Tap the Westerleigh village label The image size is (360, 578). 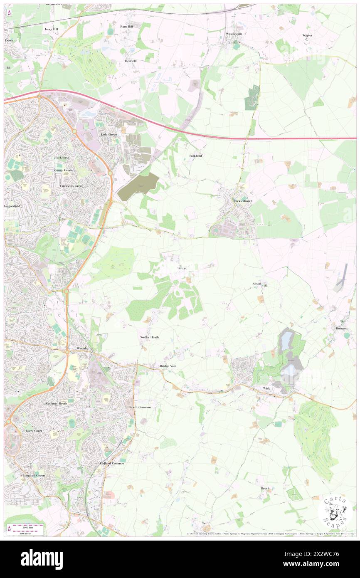234,34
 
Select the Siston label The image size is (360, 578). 182,268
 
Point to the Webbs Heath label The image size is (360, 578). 149,337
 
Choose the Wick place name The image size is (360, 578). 266,388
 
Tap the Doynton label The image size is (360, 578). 341,328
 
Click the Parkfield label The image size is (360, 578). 195,156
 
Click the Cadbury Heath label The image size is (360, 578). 57,403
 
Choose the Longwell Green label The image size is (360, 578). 34,475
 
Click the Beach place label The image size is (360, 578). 265,488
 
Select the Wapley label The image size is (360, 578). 307,35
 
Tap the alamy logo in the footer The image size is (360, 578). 42,559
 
